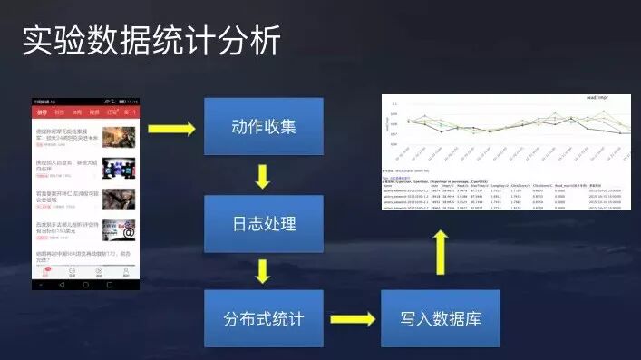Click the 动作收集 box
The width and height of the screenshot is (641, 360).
[263, 128]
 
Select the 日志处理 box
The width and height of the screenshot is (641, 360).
[263, 223]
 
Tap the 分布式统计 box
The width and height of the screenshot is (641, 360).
[263, 318]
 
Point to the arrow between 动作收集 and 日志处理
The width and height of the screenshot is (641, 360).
[263, 176]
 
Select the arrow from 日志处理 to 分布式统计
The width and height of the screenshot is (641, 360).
[263, 270]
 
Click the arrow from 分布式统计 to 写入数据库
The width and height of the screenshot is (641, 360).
[353, 318]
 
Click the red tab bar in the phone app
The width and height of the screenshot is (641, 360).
[84, 112]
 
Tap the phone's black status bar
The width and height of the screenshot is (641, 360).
[84, 102]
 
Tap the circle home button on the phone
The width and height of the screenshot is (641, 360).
[85, 285]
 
